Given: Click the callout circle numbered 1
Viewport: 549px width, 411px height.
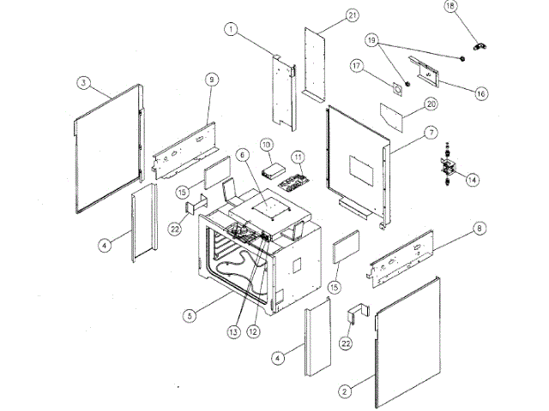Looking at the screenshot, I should point(231,28).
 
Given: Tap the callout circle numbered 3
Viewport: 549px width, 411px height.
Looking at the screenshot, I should point(82,82).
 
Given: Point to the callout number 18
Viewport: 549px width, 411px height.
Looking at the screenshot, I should point(449,6).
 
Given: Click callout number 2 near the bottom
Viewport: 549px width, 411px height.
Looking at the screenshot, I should point(345,391).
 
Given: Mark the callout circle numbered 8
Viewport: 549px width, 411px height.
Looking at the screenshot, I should point(479,228).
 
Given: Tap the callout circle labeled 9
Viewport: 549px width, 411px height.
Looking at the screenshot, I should point(210,79).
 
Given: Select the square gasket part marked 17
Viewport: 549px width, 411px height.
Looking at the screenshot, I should point(399,89).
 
